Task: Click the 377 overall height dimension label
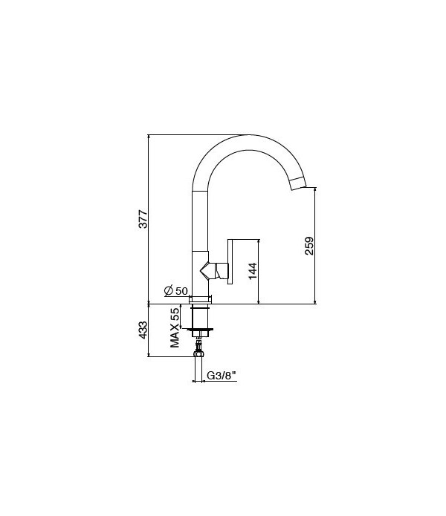coord(144,219)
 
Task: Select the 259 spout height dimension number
coord(310,246)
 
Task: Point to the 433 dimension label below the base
coord(144,330)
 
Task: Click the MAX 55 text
coord(175,327)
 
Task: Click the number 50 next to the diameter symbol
coord(181,290)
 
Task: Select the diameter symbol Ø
coord(168,290)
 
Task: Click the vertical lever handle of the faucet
coord(231,261)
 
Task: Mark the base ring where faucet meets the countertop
coord(201,299)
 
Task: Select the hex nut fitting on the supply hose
coord(199,345)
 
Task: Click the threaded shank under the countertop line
coord(201,317)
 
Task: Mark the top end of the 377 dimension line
coord(149,136)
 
